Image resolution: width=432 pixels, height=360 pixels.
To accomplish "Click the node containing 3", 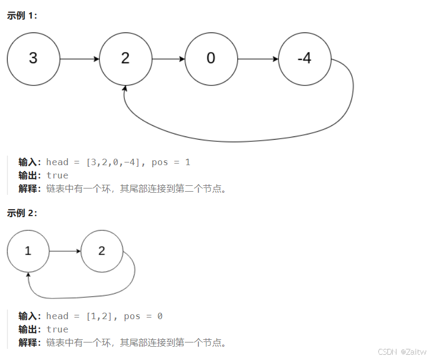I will (x=33, y=58).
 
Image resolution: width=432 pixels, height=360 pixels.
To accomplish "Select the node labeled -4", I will (x=304, y=58).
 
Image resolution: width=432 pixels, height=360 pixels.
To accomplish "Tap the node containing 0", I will (x=211, y=58).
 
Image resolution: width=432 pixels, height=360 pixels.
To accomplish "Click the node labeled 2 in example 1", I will (x=125, y=58).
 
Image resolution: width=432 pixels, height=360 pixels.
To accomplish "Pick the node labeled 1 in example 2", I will (x=28, y=251).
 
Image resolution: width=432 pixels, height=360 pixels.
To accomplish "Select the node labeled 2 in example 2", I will (x=102, y=251).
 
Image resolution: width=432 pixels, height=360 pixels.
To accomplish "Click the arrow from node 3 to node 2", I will (x=80, y=58).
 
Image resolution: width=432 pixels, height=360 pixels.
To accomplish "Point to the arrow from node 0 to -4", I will (x=258, y=58).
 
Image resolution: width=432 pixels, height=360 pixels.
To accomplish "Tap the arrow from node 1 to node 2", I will (x=65, y=251).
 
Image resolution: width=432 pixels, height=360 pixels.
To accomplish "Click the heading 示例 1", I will (x=22, y=15).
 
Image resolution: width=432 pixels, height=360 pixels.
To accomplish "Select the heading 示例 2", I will (x=22, y=213).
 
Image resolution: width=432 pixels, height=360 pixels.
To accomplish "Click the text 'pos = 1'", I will (x=171, y=162).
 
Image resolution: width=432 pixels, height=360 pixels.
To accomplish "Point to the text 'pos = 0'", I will (x=143, y=316).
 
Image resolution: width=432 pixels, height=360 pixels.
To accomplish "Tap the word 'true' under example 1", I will (x=57, y=175).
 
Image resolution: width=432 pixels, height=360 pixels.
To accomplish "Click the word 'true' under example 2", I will (x=57, y=329).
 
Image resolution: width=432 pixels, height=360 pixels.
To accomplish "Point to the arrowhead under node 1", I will (x=28, y=275).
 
